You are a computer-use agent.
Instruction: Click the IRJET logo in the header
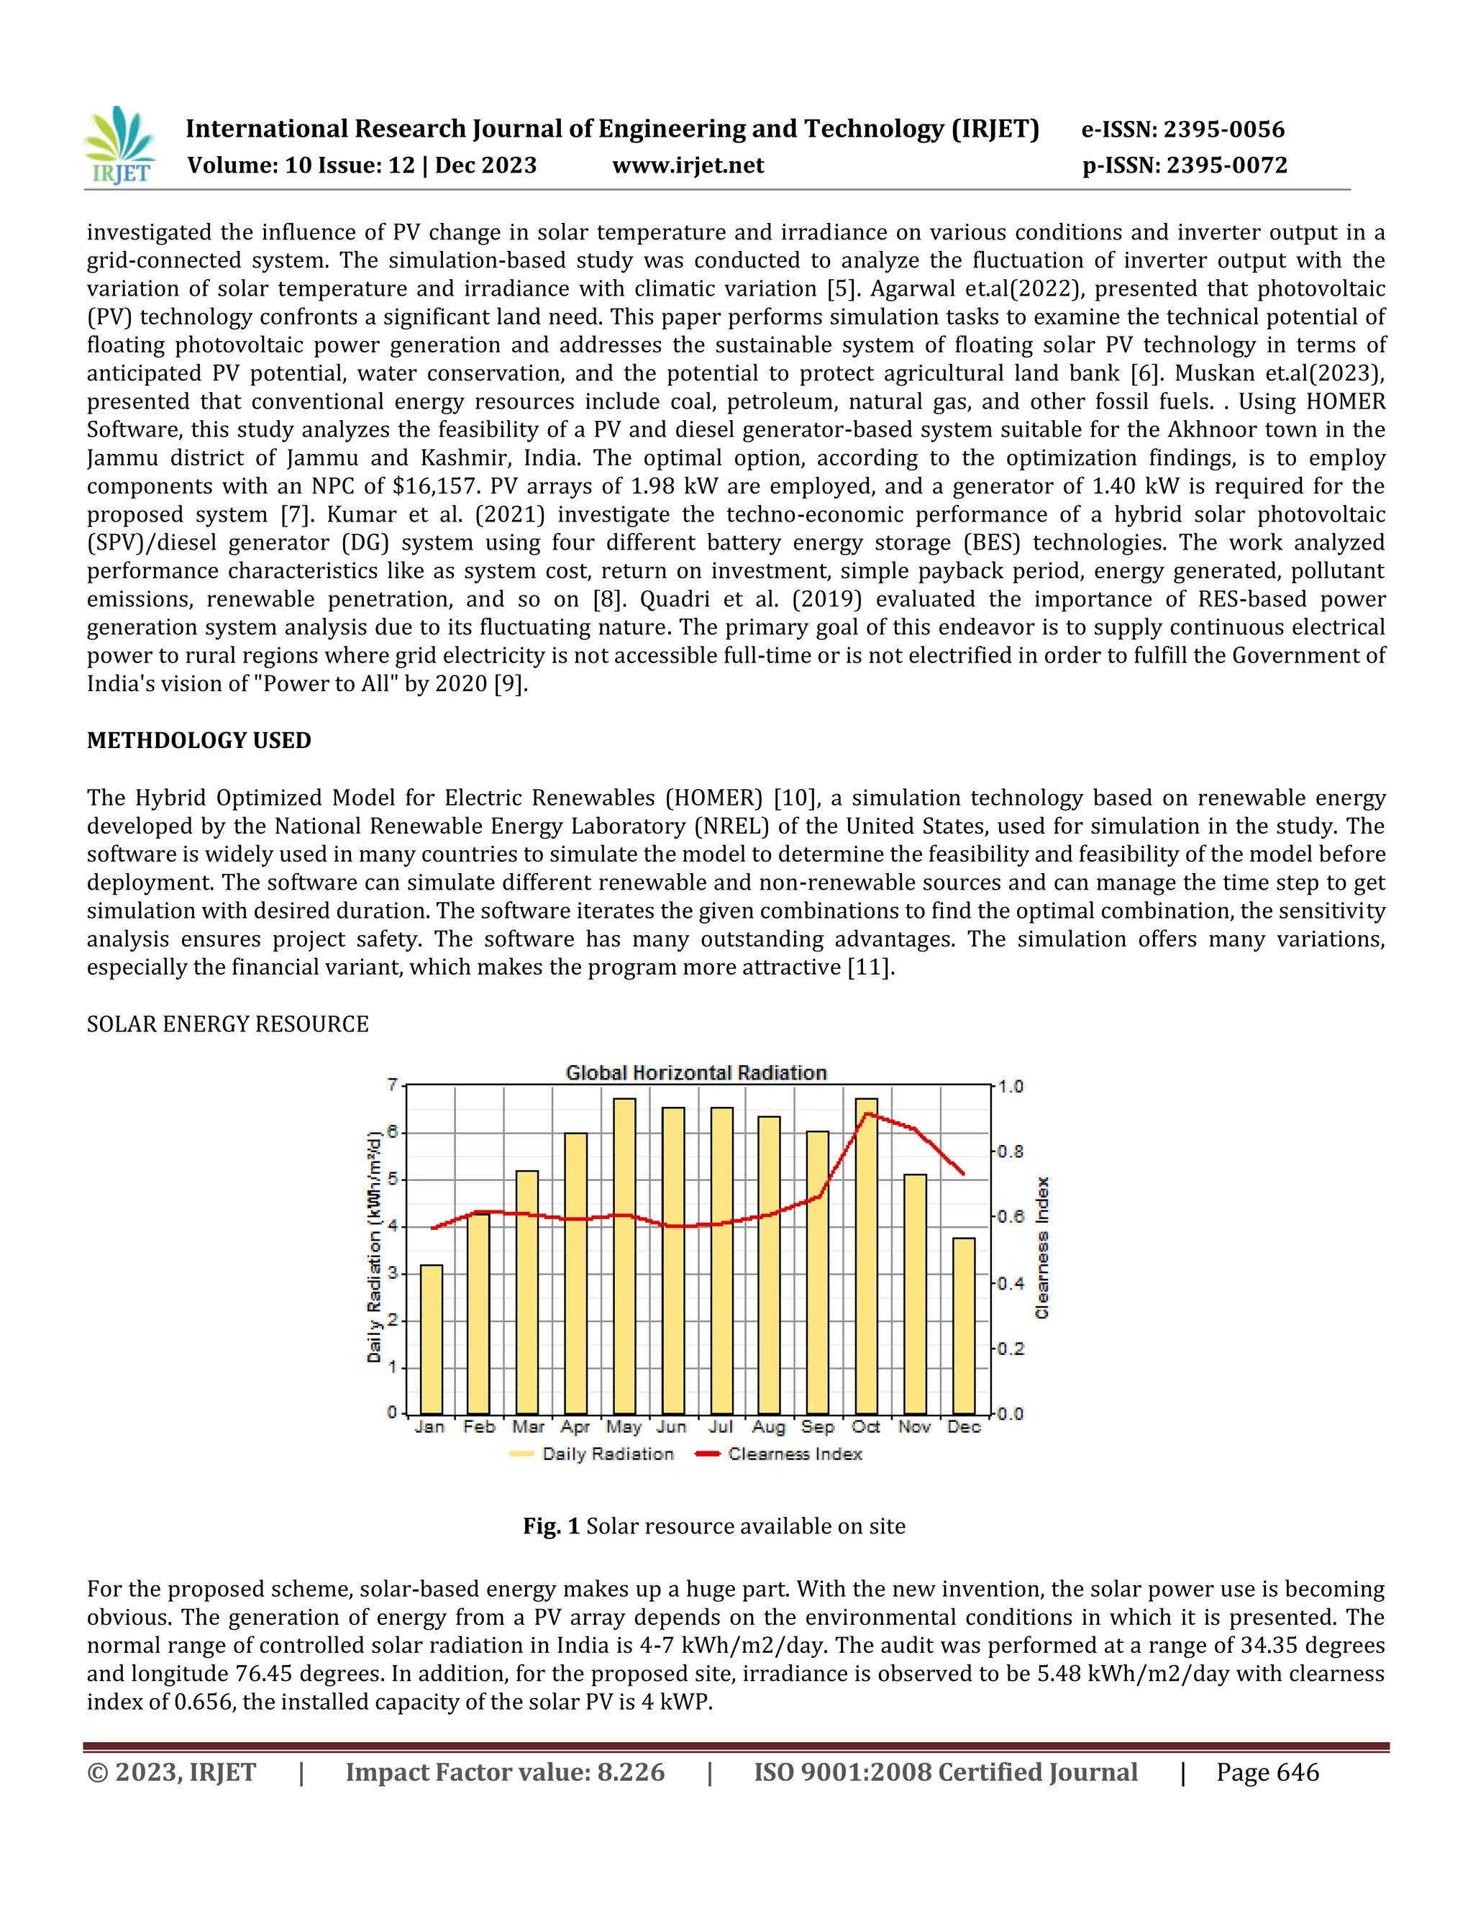120,146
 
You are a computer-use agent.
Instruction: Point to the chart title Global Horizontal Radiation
696,1072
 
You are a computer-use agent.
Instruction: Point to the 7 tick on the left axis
393,1085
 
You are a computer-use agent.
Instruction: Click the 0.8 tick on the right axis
1011,1152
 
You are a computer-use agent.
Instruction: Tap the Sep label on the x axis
818,1426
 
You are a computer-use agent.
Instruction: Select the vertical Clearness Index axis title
1042,1248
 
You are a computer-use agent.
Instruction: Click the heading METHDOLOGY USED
199,740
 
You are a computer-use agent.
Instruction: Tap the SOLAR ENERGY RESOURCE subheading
228,1023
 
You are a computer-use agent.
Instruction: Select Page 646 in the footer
1267,1772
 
